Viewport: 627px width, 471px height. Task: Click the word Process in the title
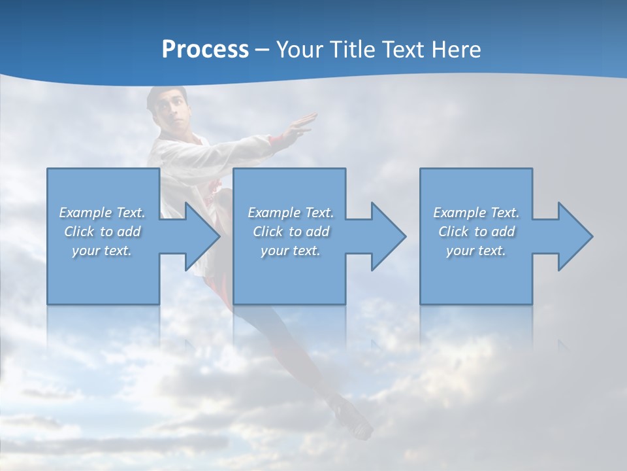(205, 50)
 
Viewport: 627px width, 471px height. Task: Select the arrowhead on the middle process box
(387, 236)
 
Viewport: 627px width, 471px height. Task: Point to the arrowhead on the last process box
(574, 236)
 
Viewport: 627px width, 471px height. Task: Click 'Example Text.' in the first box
(103, 213)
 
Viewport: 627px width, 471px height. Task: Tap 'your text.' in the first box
(103, 251)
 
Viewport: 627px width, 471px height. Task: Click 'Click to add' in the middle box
(291, 232)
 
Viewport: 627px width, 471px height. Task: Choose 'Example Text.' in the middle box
(291, 213)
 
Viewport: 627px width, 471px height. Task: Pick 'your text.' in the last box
(476, 251)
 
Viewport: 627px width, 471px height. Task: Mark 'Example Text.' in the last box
(476, 213)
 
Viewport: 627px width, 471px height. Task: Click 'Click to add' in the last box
(476, 232)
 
